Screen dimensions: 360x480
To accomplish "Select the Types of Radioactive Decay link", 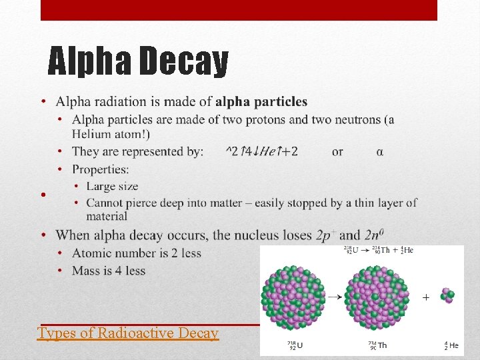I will (x=128, y=333).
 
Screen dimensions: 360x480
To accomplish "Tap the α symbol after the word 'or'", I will (x=380, y=152).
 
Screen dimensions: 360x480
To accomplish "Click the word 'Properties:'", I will (x=101, y=169).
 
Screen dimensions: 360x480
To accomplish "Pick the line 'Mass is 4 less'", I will (x=109, y=271).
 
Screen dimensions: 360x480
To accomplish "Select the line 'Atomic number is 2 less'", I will (x=137, y=253).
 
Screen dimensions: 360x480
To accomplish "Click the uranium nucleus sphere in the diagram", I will (x=293, y=298).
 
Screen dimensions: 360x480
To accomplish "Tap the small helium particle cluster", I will (x=447, y=295).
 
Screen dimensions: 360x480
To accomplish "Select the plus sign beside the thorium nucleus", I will (x=425, y=296).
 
